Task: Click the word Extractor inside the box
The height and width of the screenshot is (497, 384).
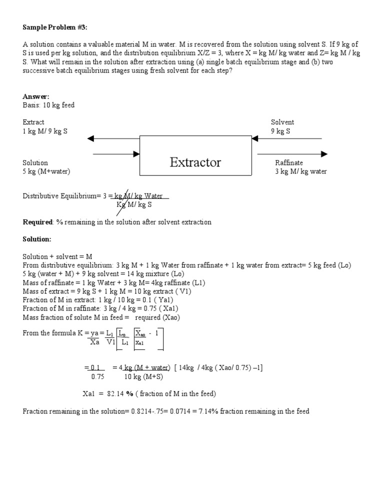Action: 195,162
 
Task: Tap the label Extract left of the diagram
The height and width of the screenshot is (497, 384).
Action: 33,122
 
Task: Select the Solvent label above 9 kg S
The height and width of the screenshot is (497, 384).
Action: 282,122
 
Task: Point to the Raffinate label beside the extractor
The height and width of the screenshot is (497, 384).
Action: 289,162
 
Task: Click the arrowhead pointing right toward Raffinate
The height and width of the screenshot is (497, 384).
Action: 324,154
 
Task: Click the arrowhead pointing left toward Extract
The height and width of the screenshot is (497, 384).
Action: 90,138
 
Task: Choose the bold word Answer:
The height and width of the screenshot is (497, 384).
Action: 36,96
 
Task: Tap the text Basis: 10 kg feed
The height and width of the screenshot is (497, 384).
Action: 48,105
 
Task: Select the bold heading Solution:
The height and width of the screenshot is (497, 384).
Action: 37,239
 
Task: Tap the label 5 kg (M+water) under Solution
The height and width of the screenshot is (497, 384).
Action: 46,171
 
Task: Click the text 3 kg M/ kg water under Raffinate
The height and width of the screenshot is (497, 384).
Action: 301,171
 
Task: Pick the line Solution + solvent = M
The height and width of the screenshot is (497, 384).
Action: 57,256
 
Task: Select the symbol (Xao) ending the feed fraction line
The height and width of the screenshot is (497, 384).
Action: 171,317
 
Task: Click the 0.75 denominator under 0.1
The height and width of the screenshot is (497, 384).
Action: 97,376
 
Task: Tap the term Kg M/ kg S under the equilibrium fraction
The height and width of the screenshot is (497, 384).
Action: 134,204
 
